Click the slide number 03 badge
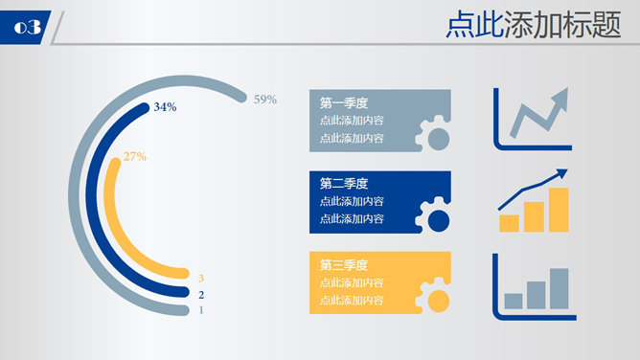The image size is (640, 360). (27, 28)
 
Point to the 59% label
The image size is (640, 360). (265, 99)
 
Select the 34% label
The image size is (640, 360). (165, 107)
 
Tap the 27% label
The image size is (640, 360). (134, 156)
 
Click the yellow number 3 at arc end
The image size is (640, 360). (201, 279)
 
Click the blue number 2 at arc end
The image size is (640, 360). (201, 294)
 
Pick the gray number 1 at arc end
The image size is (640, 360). (201, 309)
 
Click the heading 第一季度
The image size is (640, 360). (344, 103)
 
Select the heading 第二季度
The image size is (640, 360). (344, 184)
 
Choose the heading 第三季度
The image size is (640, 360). (344, 265)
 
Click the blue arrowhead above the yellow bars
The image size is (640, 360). (560, 174)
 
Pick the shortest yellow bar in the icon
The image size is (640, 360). (510, 223)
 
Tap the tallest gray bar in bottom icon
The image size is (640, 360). (559, 289)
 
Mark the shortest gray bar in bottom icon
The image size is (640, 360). (514, 301)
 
